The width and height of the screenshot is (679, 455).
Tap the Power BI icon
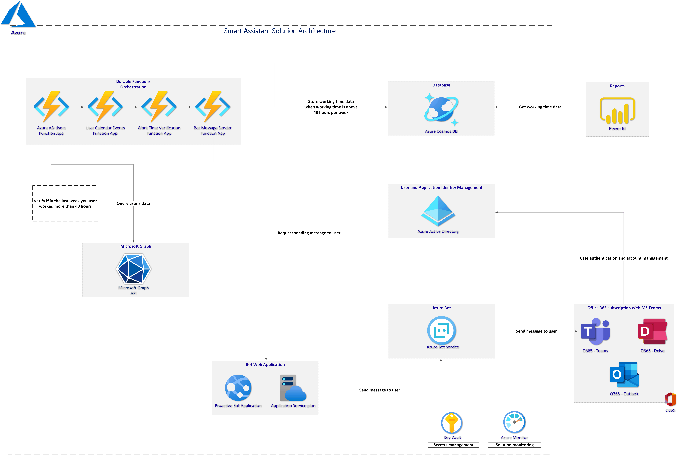tap(617, 111)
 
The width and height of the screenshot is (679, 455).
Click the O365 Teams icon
tap(595, 332)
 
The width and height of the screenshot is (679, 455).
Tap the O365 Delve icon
tap(652, 332)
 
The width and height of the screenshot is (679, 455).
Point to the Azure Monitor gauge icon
tap(514, 422)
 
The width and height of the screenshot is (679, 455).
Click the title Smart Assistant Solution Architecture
tap(280, 31)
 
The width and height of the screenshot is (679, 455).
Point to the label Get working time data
tap(540, 107)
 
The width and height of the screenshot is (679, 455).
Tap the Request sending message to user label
tap(309, 233)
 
